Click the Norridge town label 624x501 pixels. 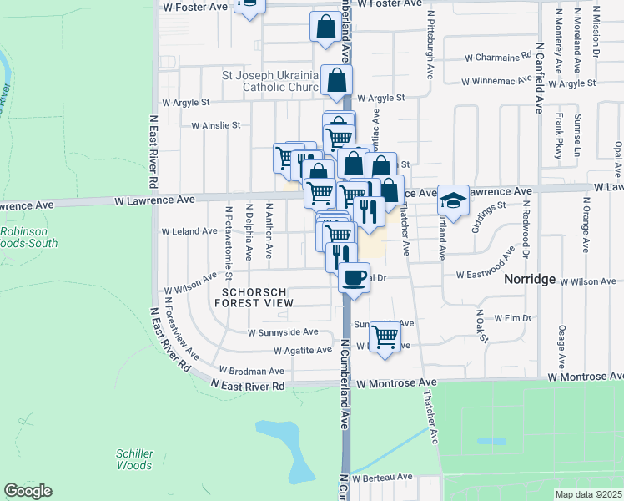coord(530,280)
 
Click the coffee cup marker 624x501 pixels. coord(355,276)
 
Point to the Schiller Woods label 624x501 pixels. coord(134,459)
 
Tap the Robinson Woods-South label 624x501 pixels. coord(29,238)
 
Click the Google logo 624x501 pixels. coord(28,491)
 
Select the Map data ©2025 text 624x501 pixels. coord(588,494)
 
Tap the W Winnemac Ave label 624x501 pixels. coord(497,82)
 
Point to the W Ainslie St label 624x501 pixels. coord(215,125)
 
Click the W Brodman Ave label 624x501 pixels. coord(251,370)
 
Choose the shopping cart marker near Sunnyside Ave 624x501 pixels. coord(385,336)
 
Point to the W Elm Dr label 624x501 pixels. coord(512,318)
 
